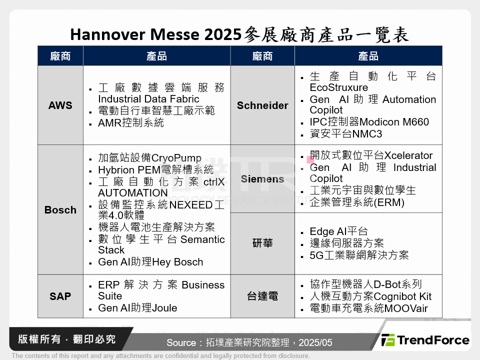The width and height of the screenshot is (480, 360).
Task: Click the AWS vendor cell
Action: coord(60,105)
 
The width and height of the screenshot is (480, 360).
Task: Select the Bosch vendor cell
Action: coord(60,210)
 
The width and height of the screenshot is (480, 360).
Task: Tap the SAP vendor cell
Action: coord(60,296)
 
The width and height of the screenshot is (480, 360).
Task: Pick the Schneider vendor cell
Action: coord(262,105)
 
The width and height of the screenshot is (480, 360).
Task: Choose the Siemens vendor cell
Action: coord(262,179)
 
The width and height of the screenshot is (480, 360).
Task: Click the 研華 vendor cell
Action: coord(262,243)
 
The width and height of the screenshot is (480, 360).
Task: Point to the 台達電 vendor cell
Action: coord(262,296)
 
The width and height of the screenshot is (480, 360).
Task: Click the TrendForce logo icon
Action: coord(387,340)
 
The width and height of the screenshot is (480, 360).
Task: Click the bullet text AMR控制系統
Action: coord(131,123)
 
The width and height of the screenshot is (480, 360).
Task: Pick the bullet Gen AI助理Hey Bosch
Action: coord(150,262)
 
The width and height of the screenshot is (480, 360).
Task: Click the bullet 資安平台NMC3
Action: coord(346,134)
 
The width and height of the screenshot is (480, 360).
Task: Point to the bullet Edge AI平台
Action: coord(338,231)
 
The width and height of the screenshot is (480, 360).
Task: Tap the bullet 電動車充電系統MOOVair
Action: coord(368,308)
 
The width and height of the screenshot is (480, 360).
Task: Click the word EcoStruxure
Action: coord(338,87)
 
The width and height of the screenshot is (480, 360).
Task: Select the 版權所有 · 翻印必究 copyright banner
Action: coord(67,339)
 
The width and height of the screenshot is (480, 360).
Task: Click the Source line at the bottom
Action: coord(249,343)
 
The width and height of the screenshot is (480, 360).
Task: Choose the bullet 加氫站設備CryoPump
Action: coord(149,158)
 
